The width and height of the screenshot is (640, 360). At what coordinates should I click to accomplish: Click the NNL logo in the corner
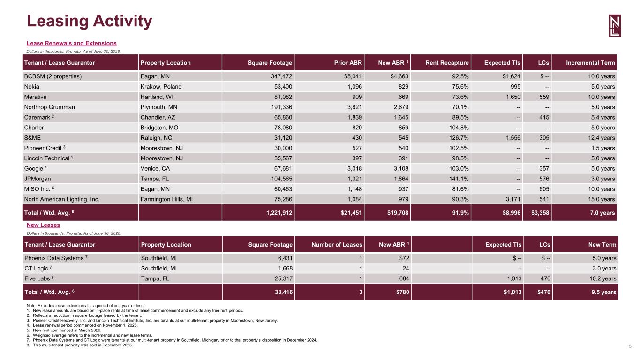(615, 26)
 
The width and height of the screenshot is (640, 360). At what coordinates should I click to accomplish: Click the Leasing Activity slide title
(90, 21)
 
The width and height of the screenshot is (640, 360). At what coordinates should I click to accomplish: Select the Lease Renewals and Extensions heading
(72, 43)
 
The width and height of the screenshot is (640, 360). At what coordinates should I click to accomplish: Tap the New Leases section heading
(44, 225)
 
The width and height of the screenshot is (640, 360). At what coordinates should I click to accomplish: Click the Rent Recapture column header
(447, 63)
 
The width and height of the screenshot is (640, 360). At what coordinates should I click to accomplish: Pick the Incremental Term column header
(590, 63)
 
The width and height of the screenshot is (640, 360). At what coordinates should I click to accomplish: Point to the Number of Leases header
(337, 245)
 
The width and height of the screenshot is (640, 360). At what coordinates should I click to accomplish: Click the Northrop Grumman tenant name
(49, 107)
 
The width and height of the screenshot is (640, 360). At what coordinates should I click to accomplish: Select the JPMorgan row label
(38, 179)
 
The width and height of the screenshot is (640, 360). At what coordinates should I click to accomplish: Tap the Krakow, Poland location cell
(161, 87)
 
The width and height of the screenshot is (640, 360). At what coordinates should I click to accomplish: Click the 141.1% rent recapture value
(459, 179)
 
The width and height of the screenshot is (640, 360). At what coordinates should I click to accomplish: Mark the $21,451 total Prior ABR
(351, 213)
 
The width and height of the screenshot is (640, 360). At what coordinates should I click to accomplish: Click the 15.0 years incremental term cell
(602, 199)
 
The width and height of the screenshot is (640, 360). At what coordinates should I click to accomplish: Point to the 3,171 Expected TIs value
(513, 199)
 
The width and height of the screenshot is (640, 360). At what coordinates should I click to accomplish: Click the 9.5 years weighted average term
(603, 292)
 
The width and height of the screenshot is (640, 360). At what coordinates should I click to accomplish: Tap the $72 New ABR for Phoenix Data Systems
(404, 258)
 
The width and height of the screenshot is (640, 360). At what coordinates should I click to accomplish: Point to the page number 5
(630, 346)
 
